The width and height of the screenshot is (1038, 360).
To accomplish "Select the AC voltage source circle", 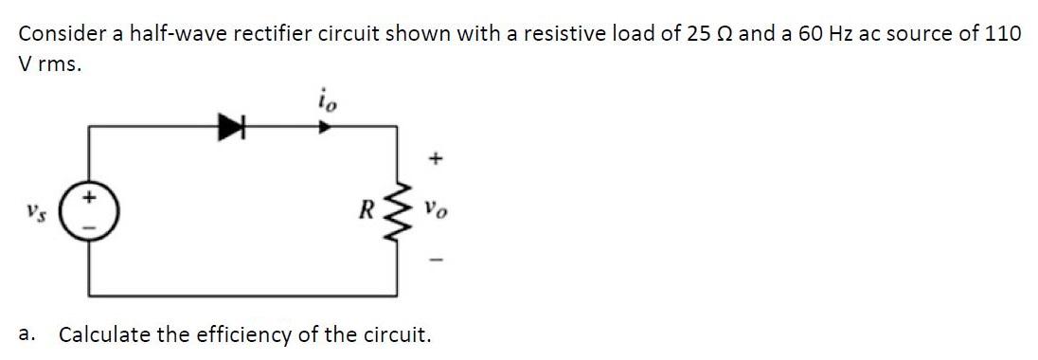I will point(90,208).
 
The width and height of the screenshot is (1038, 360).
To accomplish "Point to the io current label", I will point(326,98).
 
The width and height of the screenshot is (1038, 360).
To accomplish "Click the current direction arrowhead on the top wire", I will point(325,125).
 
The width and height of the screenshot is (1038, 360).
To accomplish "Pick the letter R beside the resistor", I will point(373,208).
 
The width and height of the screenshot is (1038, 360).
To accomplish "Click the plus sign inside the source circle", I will point(91,198).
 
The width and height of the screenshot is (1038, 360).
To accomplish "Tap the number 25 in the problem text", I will point(696,33).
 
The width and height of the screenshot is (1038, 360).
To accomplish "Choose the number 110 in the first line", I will point(1002,33).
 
